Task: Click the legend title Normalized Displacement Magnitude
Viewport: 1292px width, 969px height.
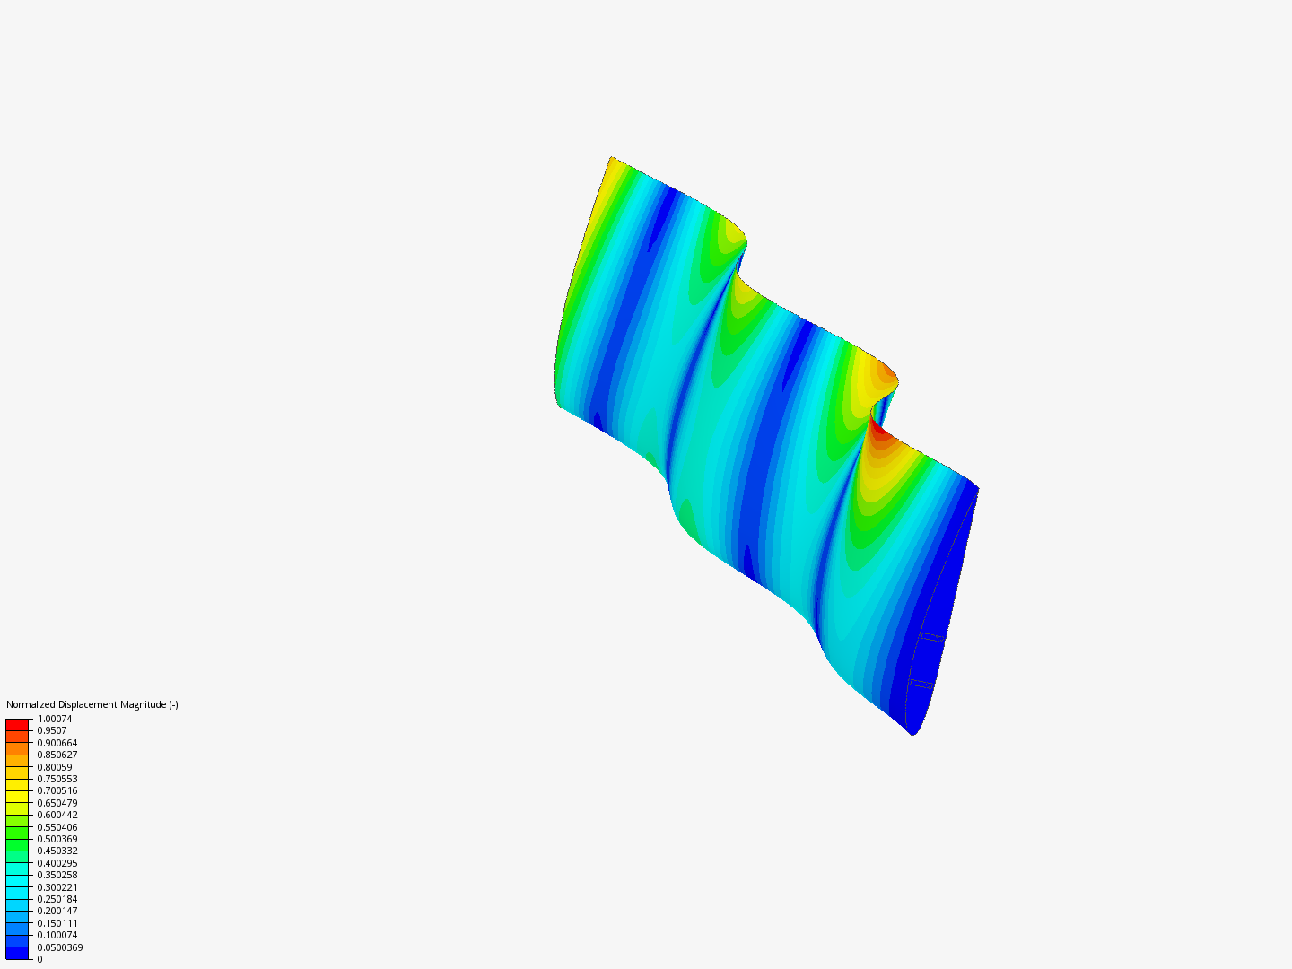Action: (x=92, y=704)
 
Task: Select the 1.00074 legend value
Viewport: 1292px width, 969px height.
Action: (x=55, y=719)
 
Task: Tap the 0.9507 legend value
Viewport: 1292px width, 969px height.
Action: (x=52, y=730)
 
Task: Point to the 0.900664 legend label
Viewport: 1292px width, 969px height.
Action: (x=57, y=743)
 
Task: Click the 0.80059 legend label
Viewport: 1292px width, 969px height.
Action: (x=55, y=767)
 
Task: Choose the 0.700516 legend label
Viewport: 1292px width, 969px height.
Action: (x=57, y=790)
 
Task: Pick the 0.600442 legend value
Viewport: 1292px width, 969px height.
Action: (x=57, y=815)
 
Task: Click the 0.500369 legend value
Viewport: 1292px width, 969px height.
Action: (x=57, y=839)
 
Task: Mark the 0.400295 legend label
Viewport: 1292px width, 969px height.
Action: (x=57, y=863)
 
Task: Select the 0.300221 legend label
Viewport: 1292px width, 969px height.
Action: (x=57, y=887)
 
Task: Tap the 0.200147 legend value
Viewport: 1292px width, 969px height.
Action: (x=57, y=911)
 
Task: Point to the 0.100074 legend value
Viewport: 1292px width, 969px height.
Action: (x=57, y=935)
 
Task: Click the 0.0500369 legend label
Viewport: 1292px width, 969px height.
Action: (x=60, y=947)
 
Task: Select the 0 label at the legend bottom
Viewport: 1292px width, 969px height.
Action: (x=39, y=959)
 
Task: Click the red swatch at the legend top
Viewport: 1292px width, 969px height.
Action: (x=18, y=724)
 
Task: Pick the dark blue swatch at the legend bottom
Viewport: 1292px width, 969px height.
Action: (x=18, y=953)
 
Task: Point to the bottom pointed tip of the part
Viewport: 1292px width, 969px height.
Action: (x=913, y=734)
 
